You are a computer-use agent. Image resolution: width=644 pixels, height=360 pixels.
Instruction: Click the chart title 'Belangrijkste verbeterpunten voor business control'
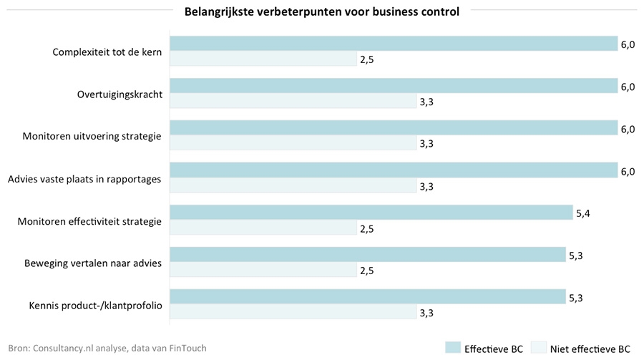pyautogui.click(x=321, y=11)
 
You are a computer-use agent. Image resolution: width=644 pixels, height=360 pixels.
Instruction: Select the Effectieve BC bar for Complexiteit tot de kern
pyautogui.click(x=393, y=44)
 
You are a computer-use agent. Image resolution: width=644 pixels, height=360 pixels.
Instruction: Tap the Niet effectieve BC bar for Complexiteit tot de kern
pyautogui.click(x=263, y=59)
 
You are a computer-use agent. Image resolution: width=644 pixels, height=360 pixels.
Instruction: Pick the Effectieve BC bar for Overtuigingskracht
pyautogui.click(x=393, y=86)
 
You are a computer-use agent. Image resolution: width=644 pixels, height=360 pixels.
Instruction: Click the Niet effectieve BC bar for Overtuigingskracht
pyautogui.click(x=292, y=102)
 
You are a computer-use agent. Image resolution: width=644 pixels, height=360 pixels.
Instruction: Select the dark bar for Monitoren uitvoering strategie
pyautogui.click(x=393, y=128)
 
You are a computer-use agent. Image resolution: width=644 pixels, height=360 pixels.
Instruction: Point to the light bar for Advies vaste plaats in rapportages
pyautogui.click(x=292, y=186)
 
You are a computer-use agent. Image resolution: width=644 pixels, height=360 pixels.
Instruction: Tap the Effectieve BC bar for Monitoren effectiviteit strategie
pyautogui.click(x=371, y=213)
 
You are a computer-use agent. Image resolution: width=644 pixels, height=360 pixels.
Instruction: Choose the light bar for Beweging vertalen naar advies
pyautogui.click(x=263, y=271)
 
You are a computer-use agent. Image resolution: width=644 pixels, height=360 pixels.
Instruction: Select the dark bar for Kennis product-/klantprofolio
pyautogui.click(x=367, y=297)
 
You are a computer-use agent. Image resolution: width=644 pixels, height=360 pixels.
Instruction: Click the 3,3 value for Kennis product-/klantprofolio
pyautogui.click(x=427, y=313)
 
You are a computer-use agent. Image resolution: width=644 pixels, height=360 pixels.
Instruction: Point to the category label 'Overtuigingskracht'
pyautogui.click(x=119, y=94)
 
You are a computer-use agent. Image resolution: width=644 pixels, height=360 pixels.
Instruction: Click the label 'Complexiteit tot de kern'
pyautogui.click(x=107, y=52)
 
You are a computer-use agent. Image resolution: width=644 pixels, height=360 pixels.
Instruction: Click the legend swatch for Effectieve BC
pyautogui.click(x=452, y=348)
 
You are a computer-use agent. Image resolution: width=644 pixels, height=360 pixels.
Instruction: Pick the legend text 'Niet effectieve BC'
pyautogui.click(x=590, y=349)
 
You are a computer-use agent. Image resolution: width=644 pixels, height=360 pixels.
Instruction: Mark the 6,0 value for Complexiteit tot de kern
pyautogui.click(x=628, y=44)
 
